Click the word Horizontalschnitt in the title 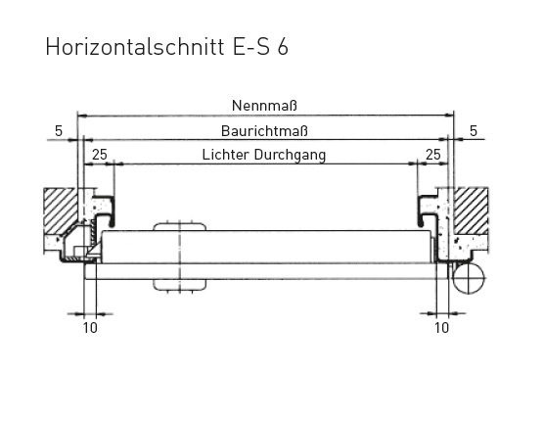click(135, 47)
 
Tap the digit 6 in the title click(282, 47)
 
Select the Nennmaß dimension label click(264, 106)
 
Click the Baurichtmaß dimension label click(264, 131)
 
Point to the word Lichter click(226, 155)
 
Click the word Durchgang click(291, 156)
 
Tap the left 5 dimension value click(59, 131)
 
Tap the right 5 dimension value click(474, 131)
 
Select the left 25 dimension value click(100, 155)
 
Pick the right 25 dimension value click(433, 155)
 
